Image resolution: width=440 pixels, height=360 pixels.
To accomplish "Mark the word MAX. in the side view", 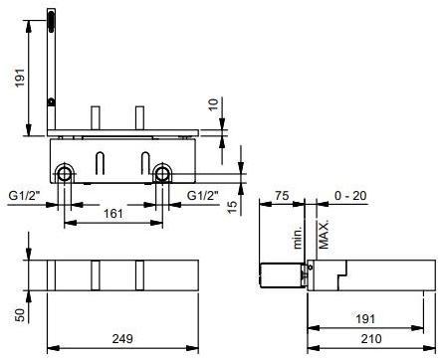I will coord(323,236).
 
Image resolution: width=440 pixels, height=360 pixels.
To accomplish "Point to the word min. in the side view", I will coord(296,239).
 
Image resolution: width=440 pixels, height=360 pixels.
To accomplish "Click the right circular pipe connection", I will coord(162,175).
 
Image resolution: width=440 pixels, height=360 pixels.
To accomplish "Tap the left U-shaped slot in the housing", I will coord(102,163).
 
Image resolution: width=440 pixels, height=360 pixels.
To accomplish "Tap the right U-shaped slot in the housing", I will coord(147,163).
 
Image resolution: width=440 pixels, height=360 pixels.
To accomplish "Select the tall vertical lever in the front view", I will coord(50,70).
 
